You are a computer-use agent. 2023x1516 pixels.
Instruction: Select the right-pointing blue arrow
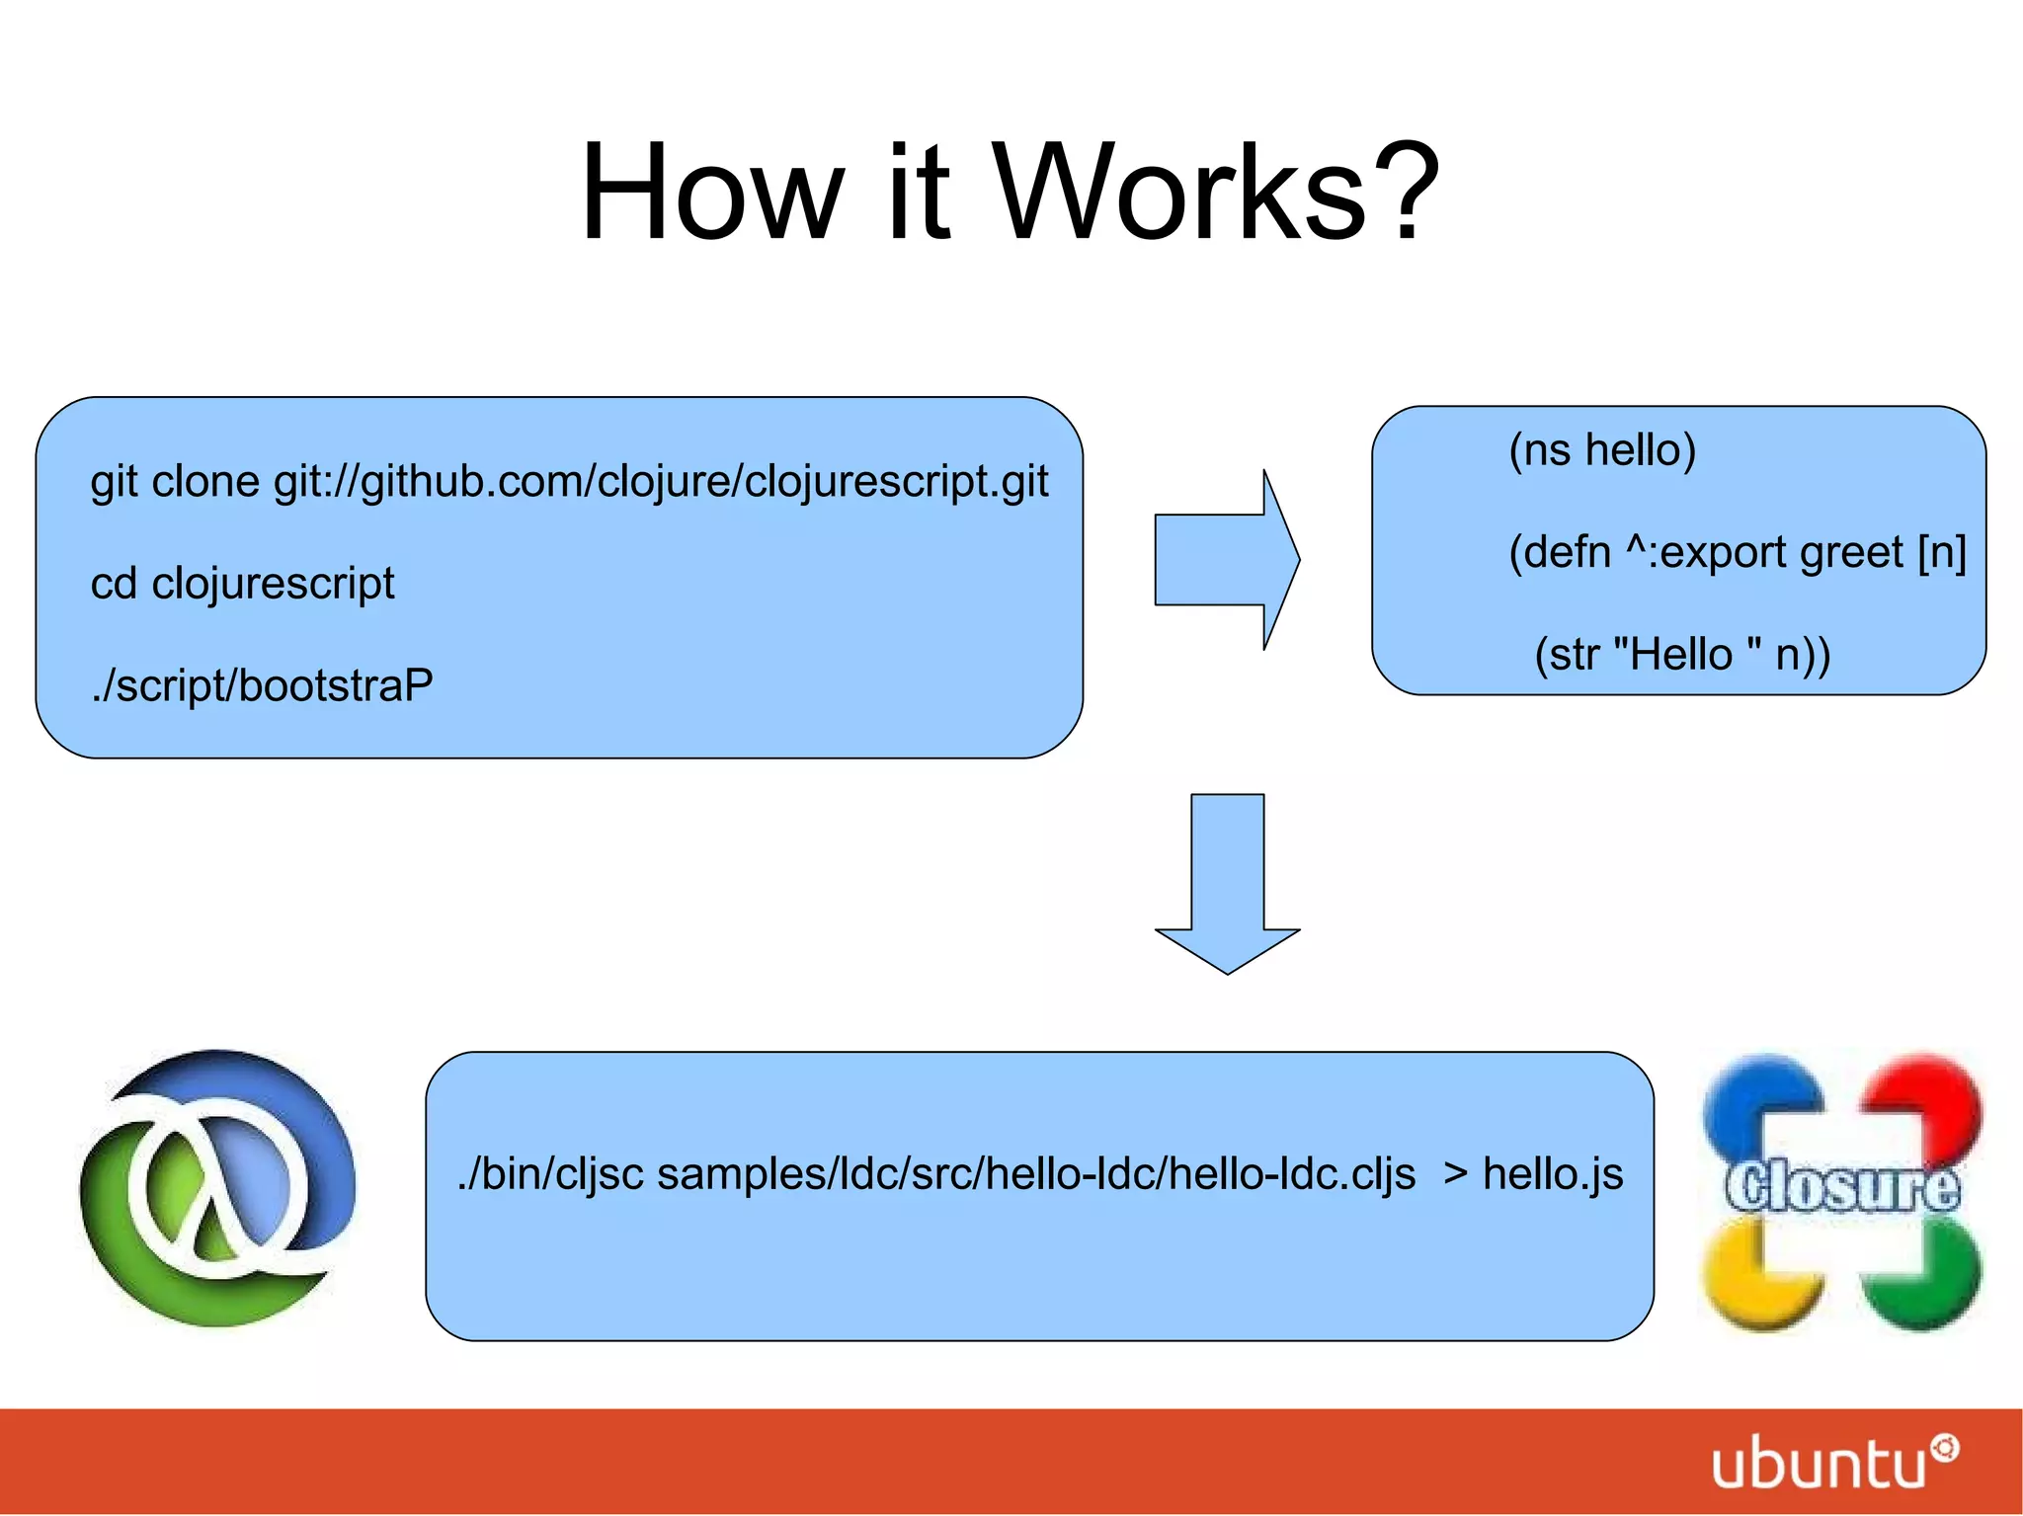point(1227,559)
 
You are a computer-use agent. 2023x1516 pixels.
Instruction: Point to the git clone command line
point(569,482)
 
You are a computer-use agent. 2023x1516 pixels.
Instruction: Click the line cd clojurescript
point(242,583)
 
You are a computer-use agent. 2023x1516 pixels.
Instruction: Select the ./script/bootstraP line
point(262,684)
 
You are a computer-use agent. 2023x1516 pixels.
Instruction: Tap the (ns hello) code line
point(1601,449)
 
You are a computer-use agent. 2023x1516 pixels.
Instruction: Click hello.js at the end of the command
point(1552,1173)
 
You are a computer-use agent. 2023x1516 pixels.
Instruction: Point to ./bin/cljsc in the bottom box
point(550,1173)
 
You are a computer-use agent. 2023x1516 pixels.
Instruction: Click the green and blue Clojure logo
point(217,1187)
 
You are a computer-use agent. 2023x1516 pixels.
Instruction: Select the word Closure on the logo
point(1841,1185)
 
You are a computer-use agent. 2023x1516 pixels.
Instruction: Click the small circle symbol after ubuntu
point(1945,1448)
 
